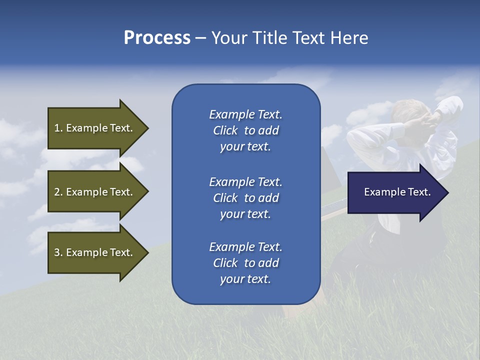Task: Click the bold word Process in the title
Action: pyautogui.click(x=157, y=38)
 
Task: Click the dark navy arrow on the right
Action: pyautogui.click(x=395, y=192)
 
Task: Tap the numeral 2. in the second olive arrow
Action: pyautogui.click(x=58, y=192)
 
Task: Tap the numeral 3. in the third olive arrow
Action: pyautogui.click(x=58, y=252)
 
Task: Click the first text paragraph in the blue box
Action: pyautogui.click(x=245, y=130)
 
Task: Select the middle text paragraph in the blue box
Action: pyautogui.click(x=245, y=198)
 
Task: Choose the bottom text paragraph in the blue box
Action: pyautogui.click(x=245, y=263)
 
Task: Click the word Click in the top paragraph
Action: pyautogui.click(x=225, y=130)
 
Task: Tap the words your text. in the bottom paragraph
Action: pyautogui.click(x=245, y=279)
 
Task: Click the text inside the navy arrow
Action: pyautogui.click(x=397, y=192)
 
